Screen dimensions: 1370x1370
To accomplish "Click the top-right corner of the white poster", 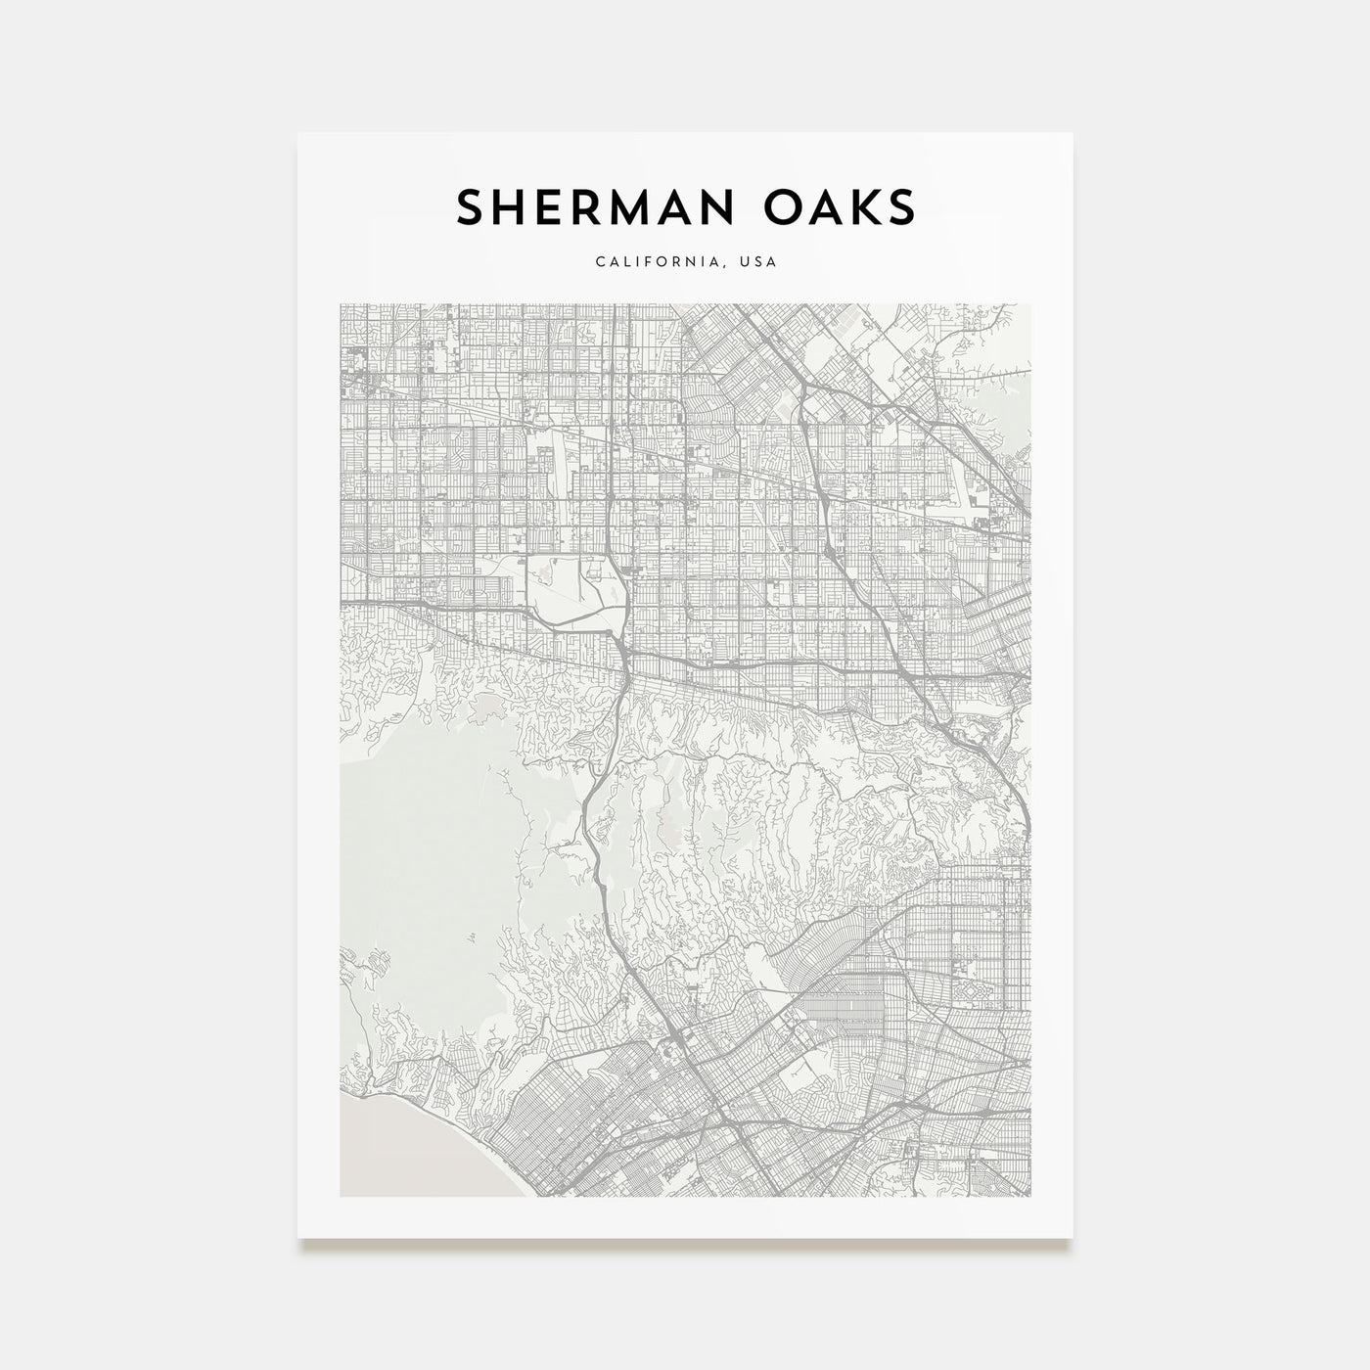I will [1073, 133].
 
